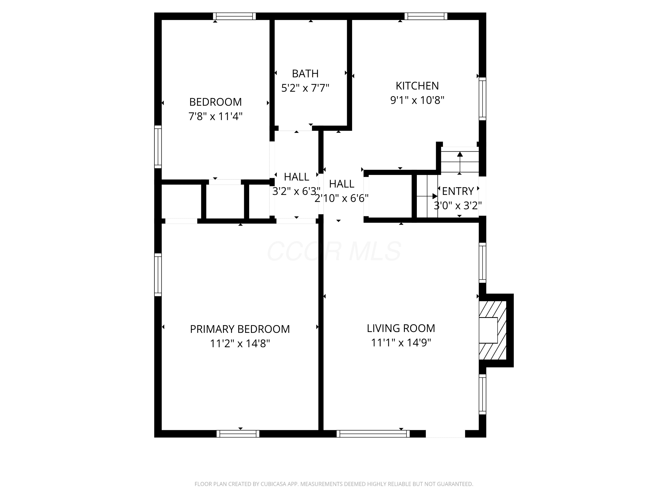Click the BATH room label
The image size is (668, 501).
305,74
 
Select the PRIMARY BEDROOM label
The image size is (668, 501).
240,329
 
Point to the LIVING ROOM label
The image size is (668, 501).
401,328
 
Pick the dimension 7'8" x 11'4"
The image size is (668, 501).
215,116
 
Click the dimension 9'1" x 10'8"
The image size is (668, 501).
417,100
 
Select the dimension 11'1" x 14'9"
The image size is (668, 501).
401,343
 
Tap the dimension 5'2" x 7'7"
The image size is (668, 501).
305,88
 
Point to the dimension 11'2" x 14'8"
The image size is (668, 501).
240,344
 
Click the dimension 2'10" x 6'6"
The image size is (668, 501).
341,198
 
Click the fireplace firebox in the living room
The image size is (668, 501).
488,330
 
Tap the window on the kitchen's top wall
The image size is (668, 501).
426,16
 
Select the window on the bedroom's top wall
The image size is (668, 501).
234,16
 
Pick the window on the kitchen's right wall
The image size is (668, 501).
483,99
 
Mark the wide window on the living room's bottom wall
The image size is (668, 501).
373,434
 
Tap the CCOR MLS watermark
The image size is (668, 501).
334,251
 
